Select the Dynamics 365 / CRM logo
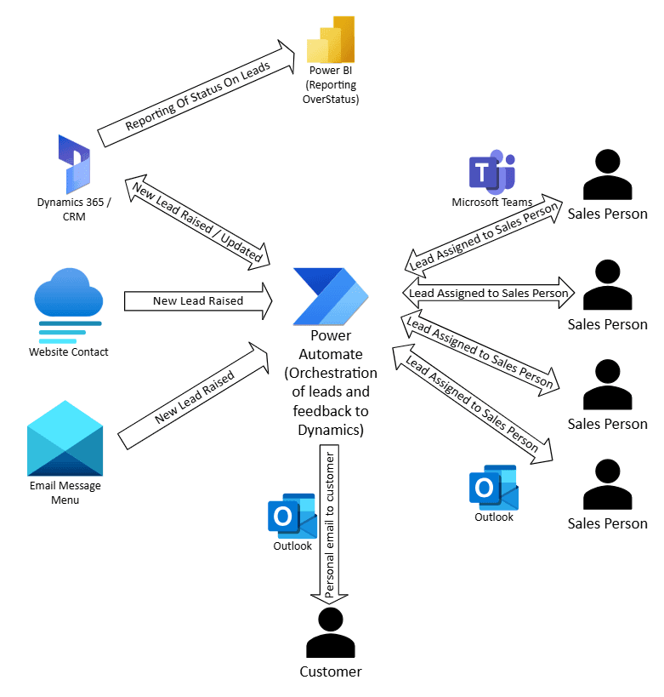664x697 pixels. click(x=74, y=163)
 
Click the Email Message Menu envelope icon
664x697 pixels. click(x=65, y=438)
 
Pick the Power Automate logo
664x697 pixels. click(x=331, y=295)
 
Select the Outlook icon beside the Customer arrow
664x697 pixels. click(x=292, y=516)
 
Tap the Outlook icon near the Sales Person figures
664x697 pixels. click(x=493, y=487)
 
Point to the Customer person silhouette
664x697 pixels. click(x=330, y=632)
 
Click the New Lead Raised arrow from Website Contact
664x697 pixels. click(x=198, y=300)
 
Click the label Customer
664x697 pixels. click(x=330, y=671)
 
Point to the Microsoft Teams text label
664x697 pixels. click(x=491, y=202)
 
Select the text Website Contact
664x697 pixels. click(x=69, y=351)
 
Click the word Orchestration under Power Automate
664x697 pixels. click(x=331, y=373)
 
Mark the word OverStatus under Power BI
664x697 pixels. click(x=331, y=100)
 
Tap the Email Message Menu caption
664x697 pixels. click(x=65, y=493)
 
